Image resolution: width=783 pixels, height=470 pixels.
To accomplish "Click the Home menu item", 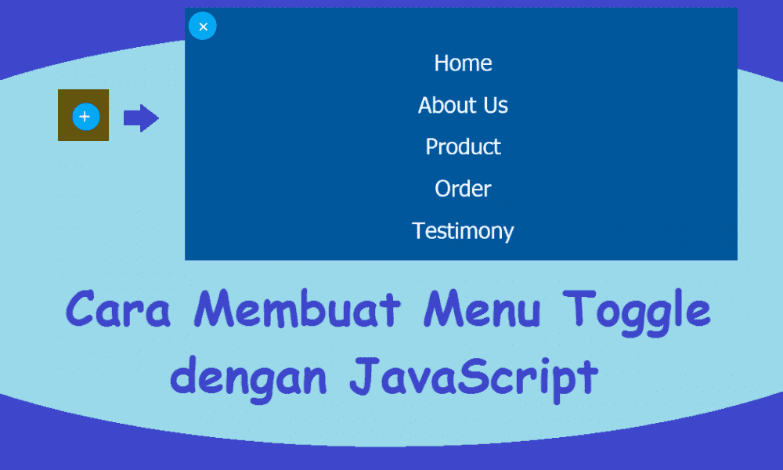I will [463, 63].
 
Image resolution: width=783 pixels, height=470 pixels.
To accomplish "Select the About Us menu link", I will [463, 105].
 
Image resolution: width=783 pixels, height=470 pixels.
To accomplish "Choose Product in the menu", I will [463, 147].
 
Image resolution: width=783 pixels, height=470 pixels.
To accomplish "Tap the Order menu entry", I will [463, 189].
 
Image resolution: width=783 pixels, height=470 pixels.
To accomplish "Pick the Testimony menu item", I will [463, 231].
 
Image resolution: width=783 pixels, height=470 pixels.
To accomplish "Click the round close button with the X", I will [203, 27].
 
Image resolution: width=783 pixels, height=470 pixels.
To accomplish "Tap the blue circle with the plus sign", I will [85, 117].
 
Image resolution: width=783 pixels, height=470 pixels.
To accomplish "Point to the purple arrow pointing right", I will [141, 118].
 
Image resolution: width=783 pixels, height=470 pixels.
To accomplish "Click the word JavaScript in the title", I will [473, 378].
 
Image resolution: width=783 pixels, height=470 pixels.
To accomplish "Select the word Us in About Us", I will [495, 105].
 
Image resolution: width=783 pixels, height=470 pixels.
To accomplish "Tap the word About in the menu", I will [446, 105].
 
